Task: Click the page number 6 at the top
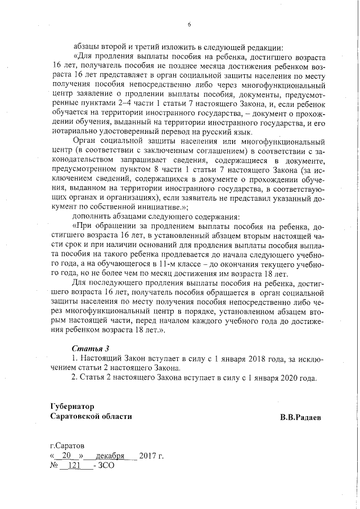point(189,24)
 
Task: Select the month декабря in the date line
point(110,456)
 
